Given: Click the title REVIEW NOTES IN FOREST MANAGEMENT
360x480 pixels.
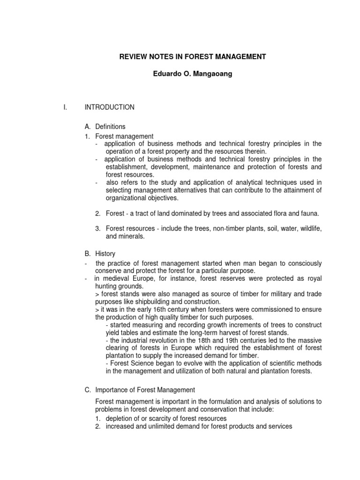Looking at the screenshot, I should [192, 57].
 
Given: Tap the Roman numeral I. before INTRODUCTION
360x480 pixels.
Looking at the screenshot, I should [66, 107].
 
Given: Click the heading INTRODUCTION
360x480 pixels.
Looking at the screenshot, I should [109, 107].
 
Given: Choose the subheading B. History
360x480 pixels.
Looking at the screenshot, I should [100, 254].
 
